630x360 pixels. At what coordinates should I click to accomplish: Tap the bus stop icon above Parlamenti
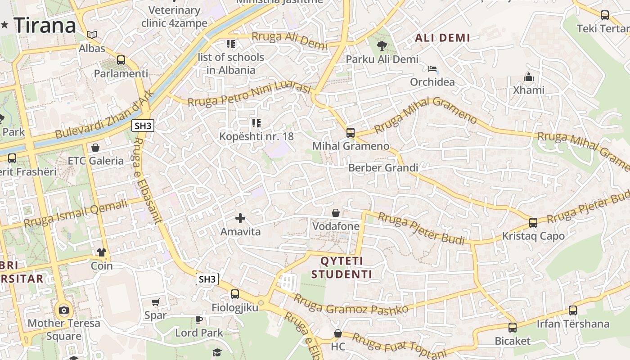(x=121, y=60)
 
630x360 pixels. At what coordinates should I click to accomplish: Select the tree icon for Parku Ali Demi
(x=382, y=45)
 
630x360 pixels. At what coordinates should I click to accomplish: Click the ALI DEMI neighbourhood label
(x=442, y=38)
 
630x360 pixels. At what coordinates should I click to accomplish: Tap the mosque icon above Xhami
(x=529, y=77)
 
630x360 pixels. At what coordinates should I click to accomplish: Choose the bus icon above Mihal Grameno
(x=351, y=133)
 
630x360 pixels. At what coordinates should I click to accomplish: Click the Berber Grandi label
(x=383, y=168)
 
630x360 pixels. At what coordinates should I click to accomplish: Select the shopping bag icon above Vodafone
(x=336, y=213)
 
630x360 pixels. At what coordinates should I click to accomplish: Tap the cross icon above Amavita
(x=240, y=219)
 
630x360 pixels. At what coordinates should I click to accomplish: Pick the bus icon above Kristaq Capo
(x=533, y=223)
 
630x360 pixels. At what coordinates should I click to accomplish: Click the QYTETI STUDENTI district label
(x=342, y=268)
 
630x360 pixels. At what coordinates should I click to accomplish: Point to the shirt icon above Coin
(x=101, y=252)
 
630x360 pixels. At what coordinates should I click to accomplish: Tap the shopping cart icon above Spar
(x=155, y=302)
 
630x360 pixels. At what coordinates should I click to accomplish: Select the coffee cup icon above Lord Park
(x=199, y=319)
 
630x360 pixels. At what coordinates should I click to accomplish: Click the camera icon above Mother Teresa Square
(x=64, y=310)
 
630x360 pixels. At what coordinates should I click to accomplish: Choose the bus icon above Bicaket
(x=513, y=328)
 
